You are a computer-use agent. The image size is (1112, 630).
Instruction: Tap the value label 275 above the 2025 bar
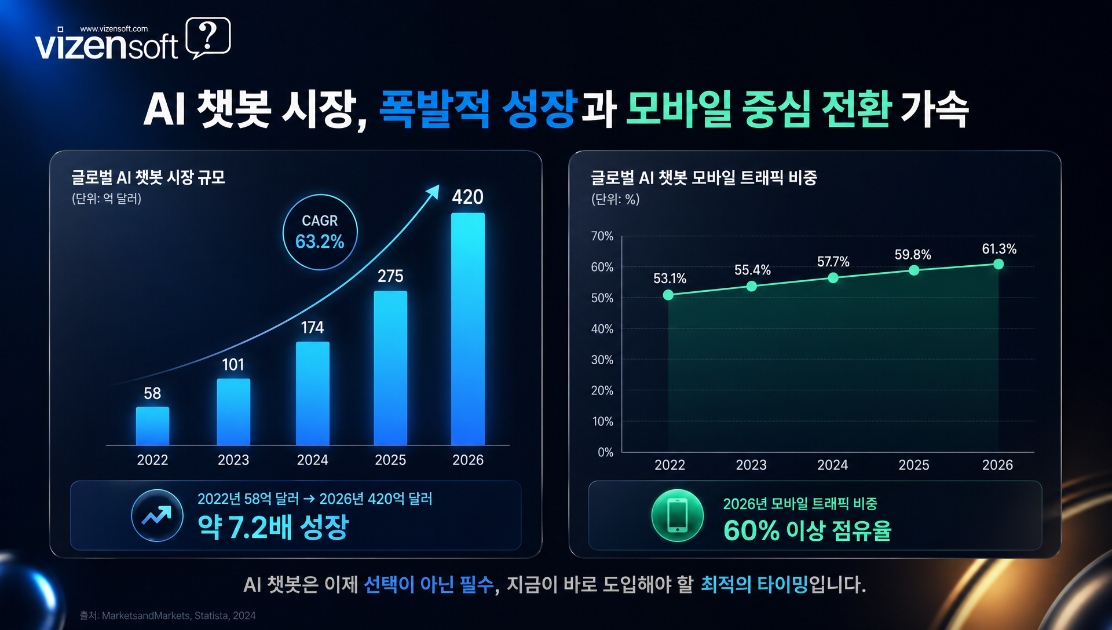tap(390, 276)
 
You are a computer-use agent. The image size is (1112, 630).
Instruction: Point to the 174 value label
tap(312, 328)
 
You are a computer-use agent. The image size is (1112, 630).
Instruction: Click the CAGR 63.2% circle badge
tap(320, 232)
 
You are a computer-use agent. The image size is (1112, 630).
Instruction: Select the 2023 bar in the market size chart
tap(233, 412)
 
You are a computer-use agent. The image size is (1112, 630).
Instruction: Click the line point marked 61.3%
tap(998, 264)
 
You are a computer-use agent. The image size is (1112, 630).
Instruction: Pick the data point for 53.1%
tap(668, 295)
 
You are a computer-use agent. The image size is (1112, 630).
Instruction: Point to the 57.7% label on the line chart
tap(833, 262)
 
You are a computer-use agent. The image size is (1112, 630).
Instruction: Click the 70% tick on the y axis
tap(602, 236)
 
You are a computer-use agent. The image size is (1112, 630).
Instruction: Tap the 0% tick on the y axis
tap(605, 452)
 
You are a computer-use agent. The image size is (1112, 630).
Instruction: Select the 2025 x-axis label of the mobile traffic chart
tap(913, 465)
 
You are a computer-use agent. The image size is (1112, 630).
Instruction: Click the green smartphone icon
tap(677, 515)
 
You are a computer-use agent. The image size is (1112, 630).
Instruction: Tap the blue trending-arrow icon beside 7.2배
tap(157, 515)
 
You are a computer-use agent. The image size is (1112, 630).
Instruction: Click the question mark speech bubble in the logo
tap(209, 38)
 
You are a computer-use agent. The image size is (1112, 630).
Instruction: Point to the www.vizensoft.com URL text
tap(114, 28)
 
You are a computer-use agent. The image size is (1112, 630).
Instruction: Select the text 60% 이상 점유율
tap(807, 530)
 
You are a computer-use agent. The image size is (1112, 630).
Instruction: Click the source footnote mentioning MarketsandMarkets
tap(167, 616)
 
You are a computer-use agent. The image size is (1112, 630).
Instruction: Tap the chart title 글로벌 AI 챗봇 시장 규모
tap(148, 177)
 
